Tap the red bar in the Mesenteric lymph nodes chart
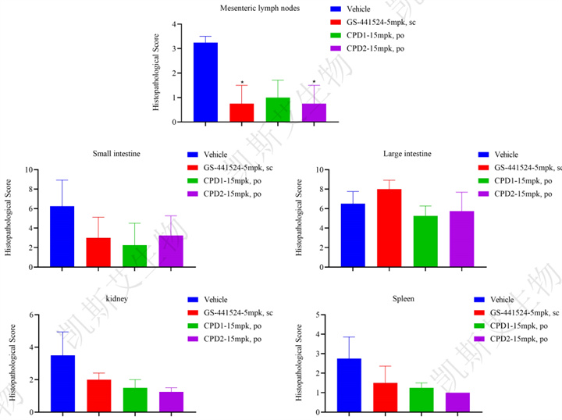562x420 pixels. point(242,112)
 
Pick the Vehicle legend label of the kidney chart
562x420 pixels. point(215,299)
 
